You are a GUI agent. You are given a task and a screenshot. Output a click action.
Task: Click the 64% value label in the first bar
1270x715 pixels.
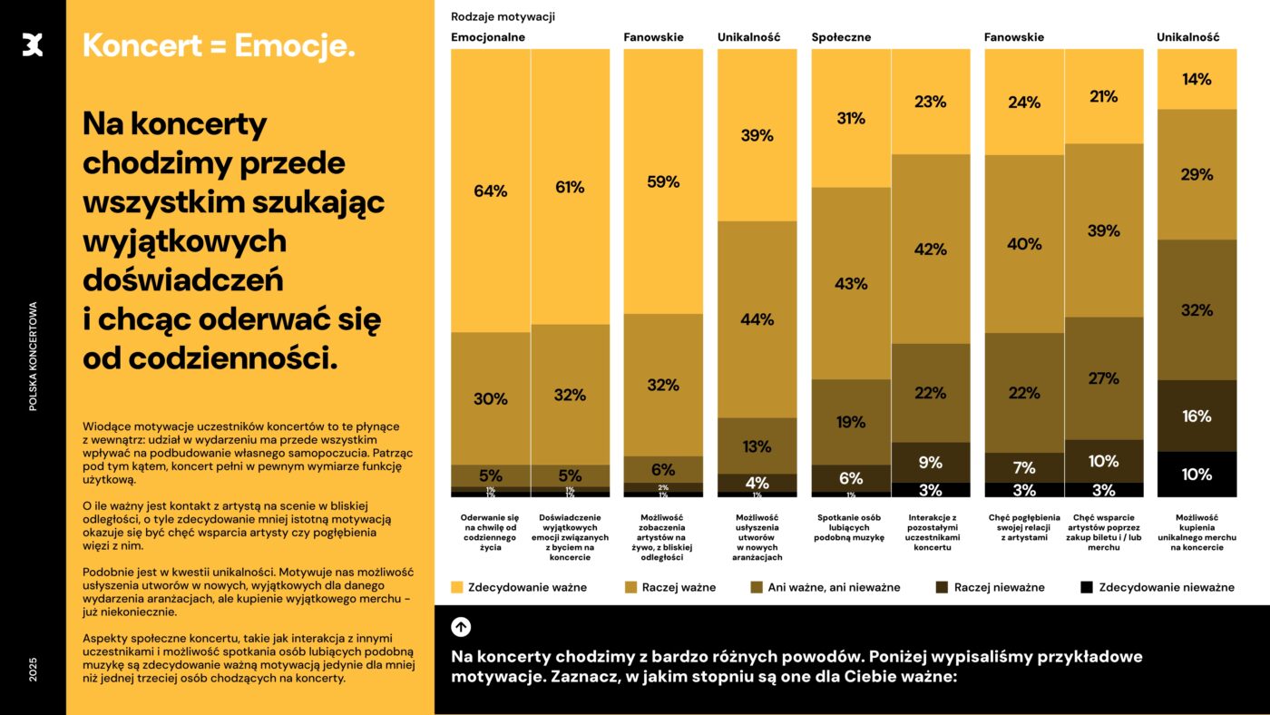(x=490, y=191)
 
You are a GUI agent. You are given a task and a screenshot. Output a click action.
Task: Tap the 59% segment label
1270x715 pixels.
(x=662, y=181)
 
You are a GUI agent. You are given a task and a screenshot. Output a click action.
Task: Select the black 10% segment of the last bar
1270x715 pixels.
(x=1197, y=474)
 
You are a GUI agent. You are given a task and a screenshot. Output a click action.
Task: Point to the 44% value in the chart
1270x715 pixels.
(x=757, y=319)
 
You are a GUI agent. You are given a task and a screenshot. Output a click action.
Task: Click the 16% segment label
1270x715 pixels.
(x=1197, y=416)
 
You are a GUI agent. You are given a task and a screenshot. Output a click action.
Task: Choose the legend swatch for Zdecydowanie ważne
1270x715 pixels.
(x=457, y=587)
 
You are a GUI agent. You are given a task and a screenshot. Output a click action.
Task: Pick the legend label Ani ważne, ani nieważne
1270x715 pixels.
(x=834, y=587)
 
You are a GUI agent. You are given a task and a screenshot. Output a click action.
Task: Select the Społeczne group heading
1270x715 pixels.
(x=841, y=37)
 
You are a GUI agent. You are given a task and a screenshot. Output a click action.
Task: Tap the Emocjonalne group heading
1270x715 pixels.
(x=488, y=37)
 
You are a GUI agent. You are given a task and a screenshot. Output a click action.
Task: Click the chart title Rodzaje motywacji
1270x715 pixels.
(x=503, y=16)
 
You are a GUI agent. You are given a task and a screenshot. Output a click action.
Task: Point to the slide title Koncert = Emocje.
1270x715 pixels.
(x=219, y=46)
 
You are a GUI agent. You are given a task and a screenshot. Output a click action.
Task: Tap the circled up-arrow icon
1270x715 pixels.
(x=461, y=626)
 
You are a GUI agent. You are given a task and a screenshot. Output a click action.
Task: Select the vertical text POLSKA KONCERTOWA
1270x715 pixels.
(x=33, y=356)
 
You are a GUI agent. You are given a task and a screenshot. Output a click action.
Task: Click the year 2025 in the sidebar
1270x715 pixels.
(x=33, y=671)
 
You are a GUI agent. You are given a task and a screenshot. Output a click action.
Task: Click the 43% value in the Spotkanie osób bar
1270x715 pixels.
(x=851, y=284)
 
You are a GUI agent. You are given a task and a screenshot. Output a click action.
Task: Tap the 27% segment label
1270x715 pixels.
(x=1103, y=378)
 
